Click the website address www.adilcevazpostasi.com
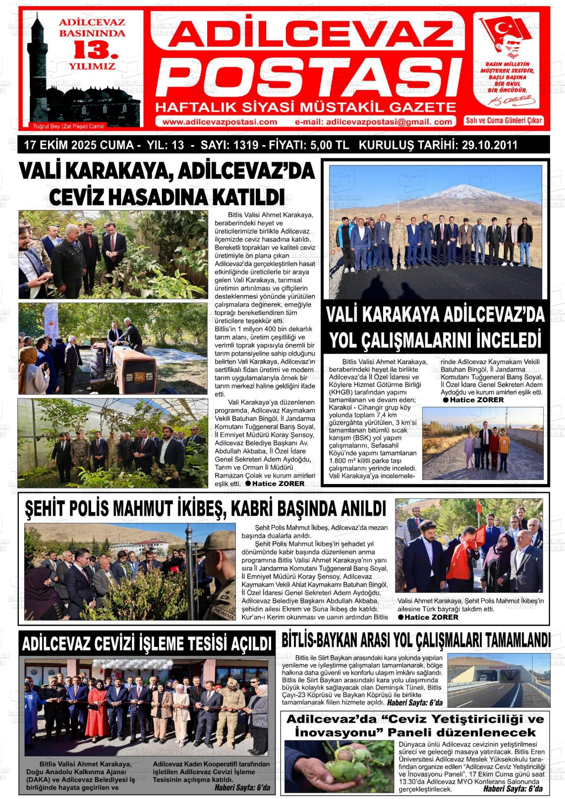point(220,122)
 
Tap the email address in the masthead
point(373,122)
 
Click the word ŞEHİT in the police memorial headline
point(45,509)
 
